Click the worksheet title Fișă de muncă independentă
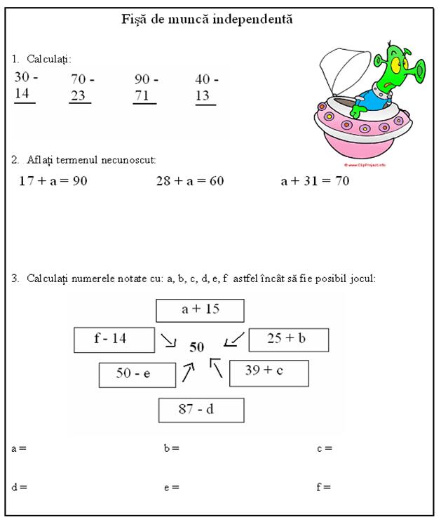(x=208, y=19)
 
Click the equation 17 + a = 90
(x=53, y=181)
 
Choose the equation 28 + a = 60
(x=189, y=181)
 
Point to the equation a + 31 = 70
(x=315, y=181)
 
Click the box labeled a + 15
(x=201, y=309)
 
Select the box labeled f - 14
(x=114, y=340)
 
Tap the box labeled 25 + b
(x=288, y=339)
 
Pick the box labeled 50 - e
(x=137, y=374)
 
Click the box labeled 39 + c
(x=269, y=372)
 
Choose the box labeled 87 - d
(x=201, y=410)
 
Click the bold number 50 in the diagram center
(x=197, y=347)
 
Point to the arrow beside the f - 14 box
(x=168, y=340)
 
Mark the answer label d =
(x=19, y=487)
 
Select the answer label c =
(x=324, y=448)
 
